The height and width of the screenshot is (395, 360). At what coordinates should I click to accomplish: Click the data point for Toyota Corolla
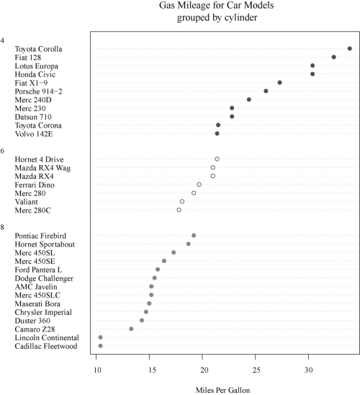coord(349,48)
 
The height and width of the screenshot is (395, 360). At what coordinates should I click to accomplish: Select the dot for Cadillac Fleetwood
coord(100,346)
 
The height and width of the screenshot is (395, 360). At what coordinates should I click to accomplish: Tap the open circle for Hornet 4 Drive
coord(217,159)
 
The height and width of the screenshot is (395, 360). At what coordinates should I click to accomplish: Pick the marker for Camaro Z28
coord(131,329)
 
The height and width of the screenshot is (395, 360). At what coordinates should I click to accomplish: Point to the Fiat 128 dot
coord(334,57)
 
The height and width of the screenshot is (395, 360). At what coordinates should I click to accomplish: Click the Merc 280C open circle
coord(179,210)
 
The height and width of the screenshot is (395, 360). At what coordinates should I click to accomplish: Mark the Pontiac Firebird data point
coord(194,235)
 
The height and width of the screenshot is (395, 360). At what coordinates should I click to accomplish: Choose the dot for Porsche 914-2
coord(266,91)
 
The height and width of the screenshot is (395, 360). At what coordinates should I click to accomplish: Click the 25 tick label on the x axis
coord(256,370)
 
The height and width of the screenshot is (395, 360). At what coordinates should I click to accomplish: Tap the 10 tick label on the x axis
coord(97,370)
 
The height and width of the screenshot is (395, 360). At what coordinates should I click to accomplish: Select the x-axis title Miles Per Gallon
coord(223,390)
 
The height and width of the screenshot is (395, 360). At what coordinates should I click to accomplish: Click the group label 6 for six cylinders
coord(2,151)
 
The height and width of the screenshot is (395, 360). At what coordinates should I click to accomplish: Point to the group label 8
coord(2,227)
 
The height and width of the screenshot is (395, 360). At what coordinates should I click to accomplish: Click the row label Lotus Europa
coord(37,66)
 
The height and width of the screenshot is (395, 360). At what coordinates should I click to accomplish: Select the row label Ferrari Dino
coord(35,185)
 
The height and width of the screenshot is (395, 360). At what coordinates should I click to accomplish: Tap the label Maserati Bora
coord(37,303)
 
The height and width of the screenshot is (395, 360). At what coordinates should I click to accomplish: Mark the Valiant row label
coord(26,202)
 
